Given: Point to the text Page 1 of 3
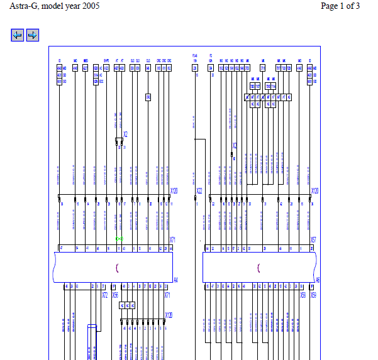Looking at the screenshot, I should [x=340, y=6].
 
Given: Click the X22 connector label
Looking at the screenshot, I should [x=199, y=190].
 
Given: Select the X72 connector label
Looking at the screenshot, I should [x=105, y=294].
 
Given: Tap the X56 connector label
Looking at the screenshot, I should [x=116, y=294].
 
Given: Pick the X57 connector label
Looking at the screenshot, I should [x=313, y=240].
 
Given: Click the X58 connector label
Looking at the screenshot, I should [x=303, y=294].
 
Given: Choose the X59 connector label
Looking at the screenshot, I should [x=313, y=294].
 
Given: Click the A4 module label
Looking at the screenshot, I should [x=175, y=280].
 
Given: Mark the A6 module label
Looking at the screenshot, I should [x=318, y=280].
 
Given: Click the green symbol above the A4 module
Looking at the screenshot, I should [x=119, y=239].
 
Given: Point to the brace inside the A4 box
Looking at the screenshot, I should [x=117, y=268].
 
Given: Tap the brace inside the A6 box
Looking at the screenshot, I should [x=258, y=268].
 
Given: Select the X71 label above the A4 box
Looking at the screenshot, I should [x=172, y=240].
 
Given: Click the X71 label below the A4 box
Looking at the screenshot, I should [x=167, y=294].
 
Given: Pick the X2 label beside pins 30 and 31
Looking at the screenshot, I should [x=125, y=134].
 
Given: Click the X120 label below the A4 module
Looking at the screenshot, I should [x=168, y=315].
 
